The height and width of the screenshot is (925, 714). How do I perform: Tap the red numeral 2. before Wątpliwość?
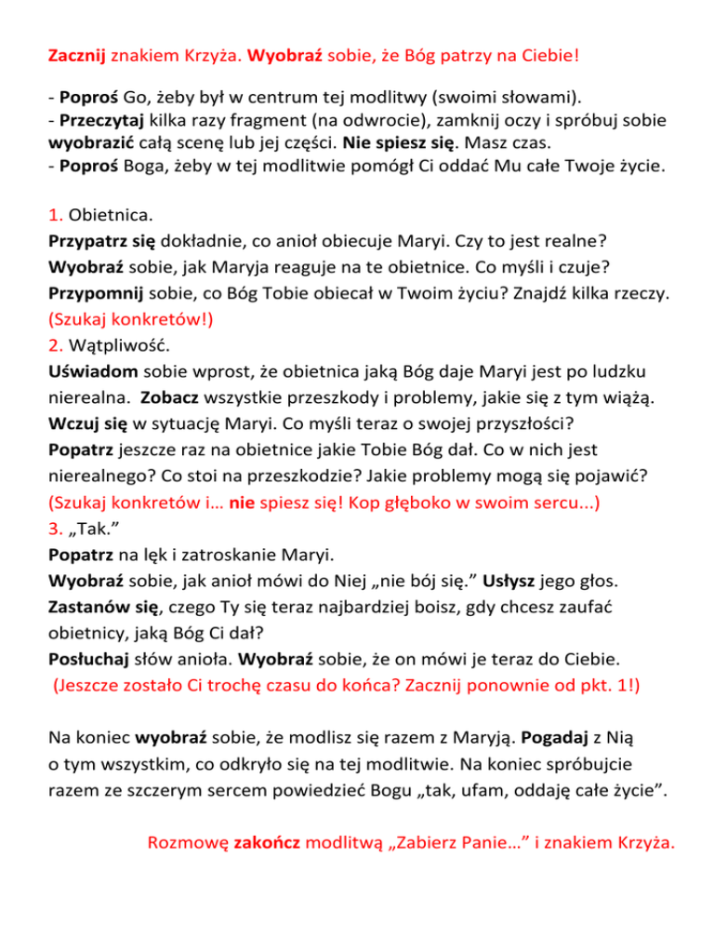pos(55,344)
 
